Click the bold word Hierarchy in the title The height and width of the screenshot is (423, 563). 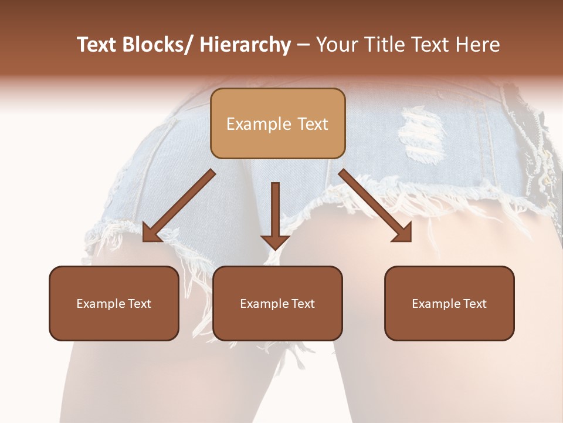(x=245, y=45)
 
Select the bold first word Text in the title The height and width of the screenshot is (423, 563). (x=96, y=45)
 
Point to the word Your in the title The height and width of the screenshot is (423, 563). (x=337, y=45)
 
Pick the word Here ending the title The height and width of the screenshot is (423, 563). (x=478, y=45)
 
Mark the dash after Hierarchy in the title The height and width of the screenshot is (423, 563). (x=303, y=45)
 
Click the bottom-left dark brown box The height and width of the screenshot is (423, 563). (x=114, y=303)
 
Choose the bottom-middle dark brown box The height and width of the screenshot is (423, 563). (x=277, y=303)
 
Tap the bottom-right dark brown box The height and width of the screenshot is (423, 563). (x=449, y=303)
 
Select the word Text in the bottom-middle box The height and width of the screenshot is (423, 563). (x=303, y=304)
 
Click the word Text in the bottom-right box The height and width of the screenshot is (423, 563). (x=474, y=304)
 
